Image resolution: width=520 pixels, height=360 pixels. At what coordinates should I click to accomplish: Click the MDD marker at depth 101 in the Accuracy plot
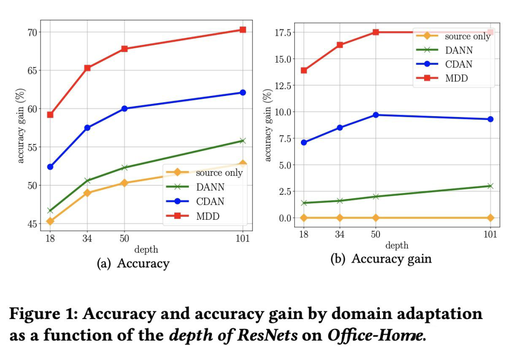pos(243,30)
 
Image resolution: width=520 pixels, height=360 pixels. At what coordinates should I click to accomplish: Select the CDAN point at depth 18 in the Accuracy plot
pos(50,167)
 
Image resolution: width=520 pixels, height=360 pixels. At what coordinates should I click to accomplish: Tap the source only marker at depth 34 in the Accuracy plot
pos(87,193)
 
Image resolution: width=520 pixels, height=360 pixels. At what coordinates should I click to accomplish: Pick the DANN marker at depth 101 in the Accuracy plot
pos(243,141)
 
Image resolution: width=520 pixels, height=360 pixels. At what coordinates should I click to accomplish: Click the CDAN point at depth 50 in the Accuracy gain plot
pos(376,115)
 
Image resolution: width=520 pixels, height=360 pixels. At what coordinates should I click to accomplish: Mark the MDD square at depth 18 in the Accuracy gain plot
pos(304,70)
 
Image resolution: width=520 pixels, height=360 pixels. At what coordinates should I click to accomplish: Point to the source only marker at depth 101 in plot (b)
pos(490,218)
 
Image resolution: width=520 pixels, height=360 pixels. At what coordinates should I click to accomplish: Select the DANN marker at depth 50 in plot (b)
pos(376,197)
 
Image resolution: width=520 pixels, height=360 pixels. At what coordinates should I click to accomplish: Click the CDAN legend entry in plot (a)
pos(210,201)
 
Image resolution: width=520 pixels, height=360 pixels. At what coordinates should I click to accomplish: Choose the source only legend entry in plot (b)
pos(467,37)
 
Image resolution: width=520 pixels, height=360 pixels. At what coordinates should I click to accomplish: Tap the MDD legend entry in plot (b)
pos(456,78)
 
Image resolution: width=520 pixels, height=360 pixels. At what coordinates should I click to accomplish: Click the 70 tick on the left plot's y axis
pos(31,32)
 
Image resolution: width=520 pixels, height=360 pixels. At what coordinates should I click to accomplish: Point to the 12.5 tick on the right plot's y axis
pos(282,85)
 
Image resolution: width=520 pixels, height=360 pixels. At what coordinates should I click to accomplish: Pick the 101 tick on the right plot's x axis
pos(490,235)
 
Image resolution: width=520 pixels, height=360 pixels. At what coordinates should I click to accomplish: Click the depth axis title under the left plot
pos(146,250)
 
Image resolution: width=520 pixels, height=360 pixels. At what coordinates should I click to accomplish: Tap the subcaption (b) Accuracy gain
pos(380,259)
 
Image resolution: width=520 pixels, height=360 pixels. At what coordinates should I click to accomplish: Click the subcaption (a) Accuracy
pos(133,264)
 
